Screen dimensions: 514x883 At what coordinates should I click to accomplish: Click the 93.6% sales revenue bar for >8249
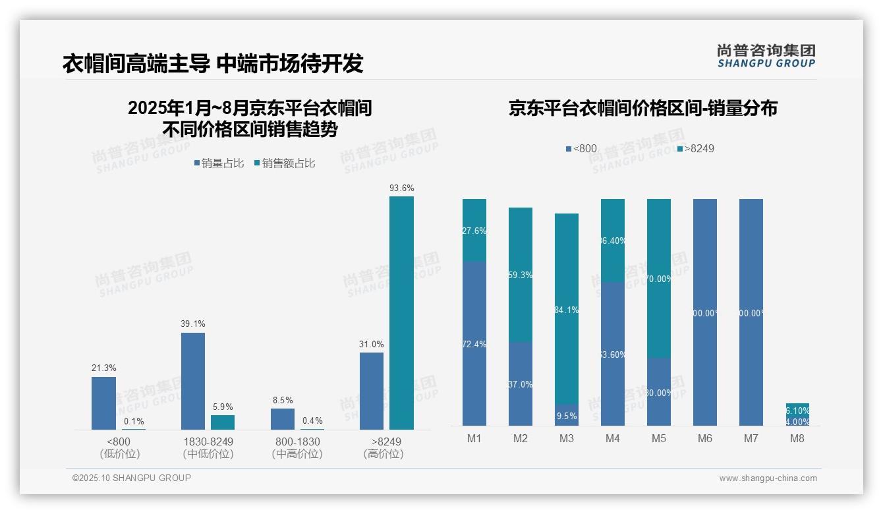(401, 313)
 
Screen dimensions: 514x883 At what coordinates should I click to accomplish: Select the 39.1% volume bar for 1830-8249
(193, 381)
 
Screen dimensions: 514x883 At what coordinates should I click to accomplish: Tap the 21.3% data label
(103, 368)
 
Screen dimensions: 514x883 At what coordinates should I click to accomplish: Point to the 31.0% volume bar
(372, 391)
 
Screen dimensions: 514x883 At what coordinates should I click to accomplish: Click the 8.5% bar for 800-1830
(283, 419)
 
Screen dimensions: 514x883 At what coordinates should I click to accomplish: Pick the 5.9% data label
(223, 407)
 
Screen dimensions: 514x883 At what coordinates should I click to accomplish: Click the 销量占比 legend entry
(219, 163)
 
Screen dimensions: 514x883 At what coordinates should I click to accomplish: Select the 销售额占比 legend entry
(284, 163)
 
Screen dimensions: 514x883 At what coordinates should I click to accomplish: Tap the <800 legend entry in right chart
(581, 149)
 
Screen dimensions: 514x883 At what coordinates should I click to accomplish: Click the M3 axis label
(567, 439)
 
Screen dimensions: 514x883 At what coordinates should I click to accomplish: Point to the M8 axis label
(797, 439)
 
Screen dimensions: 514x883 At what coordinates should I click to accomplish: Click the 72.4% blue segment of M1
(474, 343)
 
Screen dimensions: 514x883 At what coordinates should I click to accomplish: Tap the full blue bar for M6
(705, 312)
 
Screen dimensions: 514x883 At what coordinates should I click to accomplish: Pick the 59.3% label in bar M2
(521, 275)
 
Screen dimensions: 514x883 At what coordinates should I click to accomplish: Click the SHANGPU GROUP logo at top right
(766, 56)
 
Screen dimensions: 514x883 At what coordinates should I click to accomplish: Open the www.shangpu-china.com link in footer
(768, 478)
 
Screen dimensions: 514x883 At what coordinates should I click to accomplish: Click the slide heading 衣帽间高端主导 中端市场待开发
(213, 63)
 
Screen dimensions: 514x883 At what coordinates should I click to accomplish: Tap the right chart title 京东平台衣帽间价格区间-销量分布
(642, 108)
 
